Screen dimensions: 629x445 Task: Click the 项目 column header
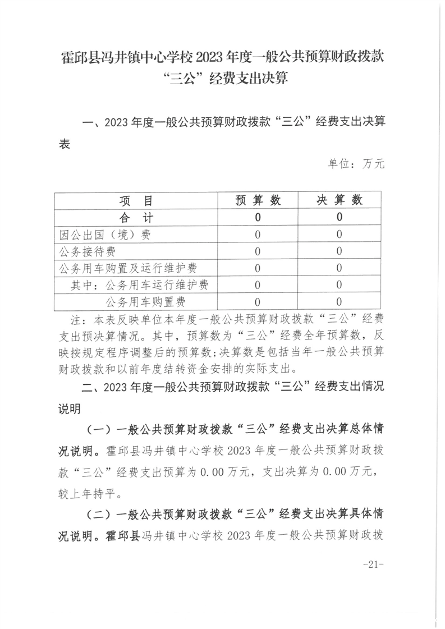point(136,200)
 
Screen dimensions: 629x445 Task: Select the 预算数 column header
point(258,200)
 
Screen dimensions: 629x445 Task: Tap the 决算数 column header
point(340,200)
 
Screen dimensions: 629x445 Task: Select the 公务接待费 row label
point(88,251)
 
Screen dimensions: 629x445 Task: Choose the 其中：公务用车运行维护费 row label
point(140,285)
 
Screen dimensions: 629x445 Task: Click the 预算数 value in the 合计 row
point(258,217)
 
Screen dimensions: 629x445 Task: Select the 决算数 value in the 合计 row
point(340,217)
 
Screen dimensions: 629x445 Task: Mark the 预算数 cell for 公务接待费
point(258,251)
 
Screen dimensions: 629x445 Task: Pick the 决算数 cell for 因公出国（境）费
point(340,234)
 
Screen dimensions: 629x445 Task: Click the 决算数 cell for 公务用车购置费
point(340,302)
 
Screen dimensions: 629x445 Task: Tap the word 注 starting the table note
point(76,320)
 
